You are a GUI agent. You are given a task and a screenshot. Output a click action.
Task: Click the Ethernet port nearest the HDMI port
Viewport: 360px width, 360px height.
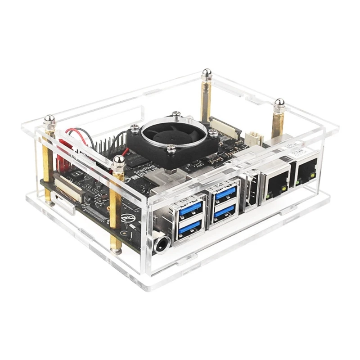pyautogui.click(x=276, y=182)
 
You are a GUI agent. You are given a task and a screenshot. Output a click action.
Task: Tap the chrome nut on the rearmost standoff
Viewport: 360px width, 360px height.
pyautogui.click(x=207, y=73)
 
